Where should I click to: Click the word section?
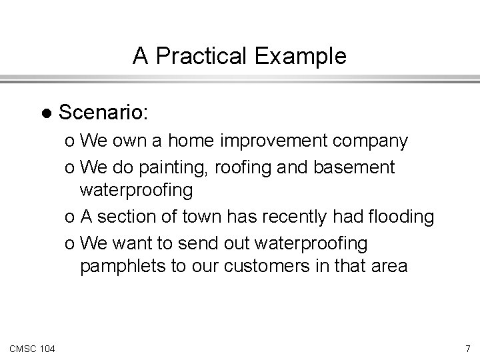pos(123,217)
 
